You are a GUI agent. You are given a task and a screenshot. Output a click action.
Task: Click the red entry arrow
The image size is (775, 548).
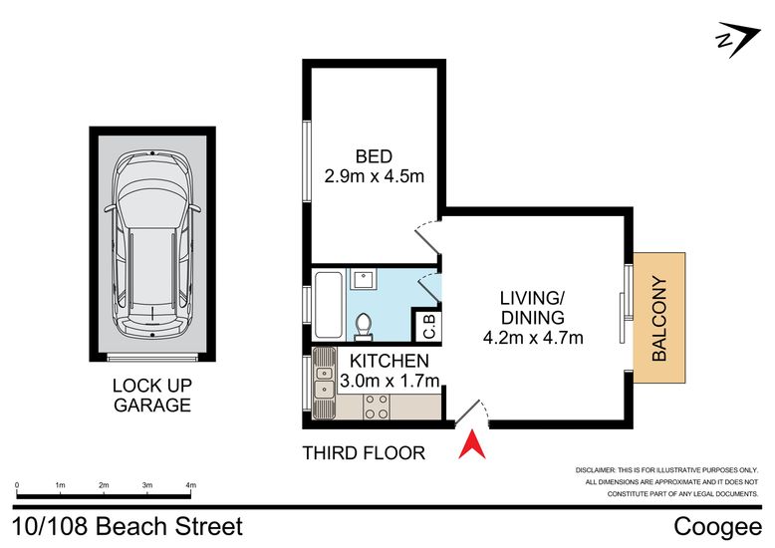point(472,446)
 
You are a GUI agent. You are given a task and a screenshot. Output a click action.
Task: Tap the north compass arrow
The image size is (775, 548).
point(738,39)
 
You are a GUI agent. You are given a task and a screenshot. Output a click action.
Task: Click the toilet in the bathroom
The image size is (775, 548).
point(364,327)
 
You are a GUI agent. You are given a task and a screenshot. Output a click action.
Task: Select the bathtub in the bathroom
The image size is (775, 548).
point(328,305)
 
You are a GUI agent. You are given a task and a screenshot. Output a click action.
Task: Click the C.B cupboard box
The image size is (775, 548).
point(426,325)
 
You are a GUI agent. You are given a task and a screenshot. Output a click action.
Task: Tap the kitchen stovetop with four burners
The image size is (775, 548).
point(377,408)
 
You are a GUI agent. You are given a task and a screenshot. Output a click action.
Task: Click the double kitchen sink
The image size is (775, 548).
point(324,383)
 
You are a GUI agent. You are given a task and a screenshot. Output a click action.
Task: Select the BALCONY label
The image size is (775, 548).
point(659,318)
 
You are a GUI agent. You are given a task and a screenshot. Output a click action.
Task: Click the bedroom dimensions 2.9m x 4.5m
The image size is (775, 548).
point(375,176)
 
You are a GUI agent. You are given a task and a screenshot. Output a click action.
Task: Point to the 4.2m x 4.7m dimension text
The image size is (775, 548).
point(533,338)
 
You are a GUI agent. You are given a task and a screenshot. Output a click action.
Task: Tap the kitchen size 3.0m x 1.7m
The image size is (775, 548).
point(389,381)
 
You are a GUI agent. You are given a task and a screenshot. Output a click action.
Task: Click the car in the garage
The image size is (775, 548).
point(152,245)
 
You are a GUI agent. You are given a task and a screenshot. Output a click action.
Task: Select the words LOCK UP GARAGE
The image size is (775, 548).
point(152,396)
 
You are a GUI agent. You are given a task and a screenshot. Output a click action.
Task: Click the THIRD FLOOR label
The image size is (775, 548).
point(364,453)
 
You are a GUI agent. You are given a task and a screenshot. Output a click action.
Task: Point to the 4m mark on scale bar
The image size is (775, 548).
point(191,485)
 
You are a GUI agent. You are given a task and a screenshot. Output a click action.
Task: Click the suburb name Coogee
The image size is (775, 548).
point(717,527)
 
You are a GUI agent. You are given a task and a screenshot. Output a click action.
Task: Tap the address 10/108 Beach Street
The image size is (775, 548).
point(128,526)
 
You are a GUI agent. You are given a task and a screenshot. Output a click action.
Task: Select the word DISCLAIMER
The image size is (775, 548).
point(595,470)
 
